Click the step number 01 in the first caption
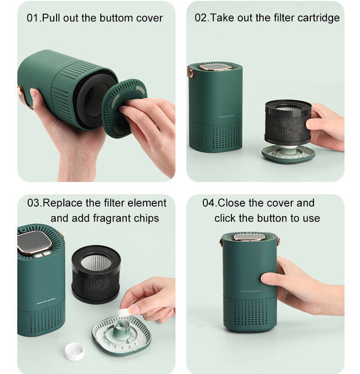(x=33, y=18)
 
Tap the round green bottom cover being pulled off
(x=124, y=108)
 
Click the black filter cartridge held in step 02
(x=288, y=122)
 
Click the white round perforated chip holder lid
(x=74, y=351)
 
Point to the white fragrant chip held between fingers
(x=123, y=312)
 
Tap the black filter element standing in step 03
(x=96, y=274)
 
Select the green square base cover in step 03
(x=122, y=335)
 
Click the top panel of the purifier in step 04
(x=249, y=237)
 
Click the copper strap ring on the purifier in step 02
(x=191, y=73)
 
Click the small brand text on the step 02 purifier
(x=227, y=116)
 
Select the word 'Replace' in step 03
(x=63, y=203)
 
